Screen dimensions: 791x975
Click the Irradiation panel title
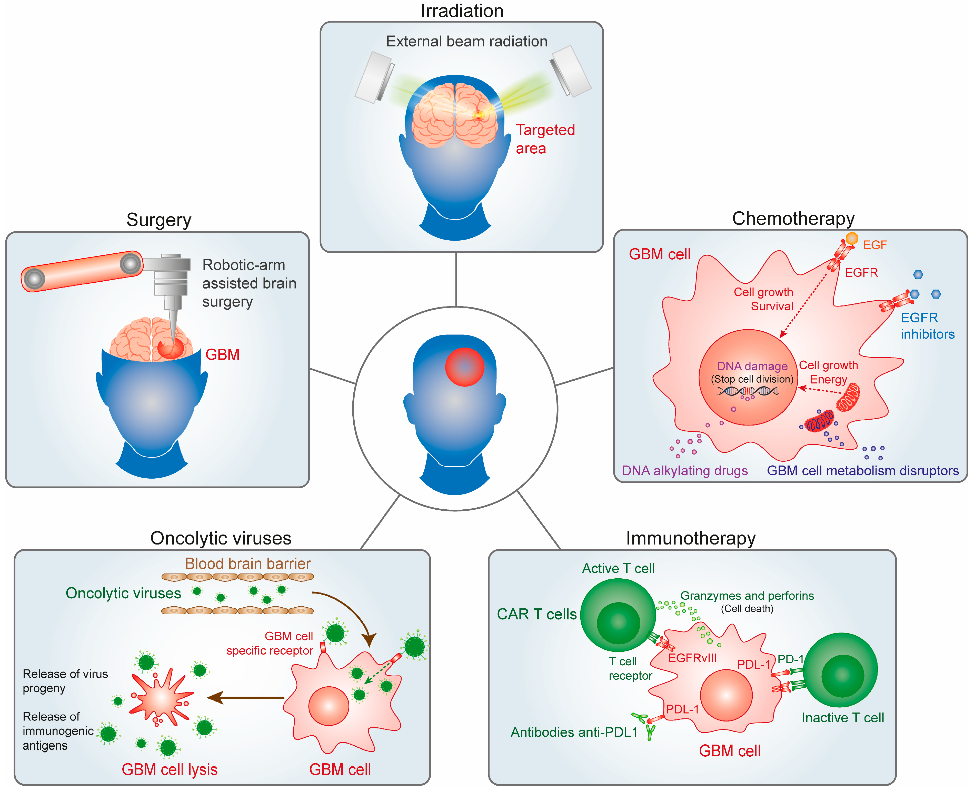click(462, 11)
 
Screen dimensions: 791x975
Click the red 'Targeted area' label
click(545, 139)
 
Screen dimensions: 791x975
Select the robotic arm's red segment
click(82, 271)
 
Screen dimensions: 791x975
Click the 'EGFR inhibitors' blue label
click(927, 326)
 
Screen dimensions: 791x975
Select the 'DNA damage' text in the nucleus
click(752, 366)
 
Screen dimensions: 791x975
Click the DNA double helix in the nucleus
click(747, 391)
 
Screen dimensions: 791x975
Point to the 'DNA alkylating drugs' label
click(684, 471)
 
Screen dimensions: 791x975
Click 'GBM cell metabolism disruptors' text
click(862, 471)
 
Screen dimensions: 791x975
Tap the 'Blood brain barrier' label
click(247, 564)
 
